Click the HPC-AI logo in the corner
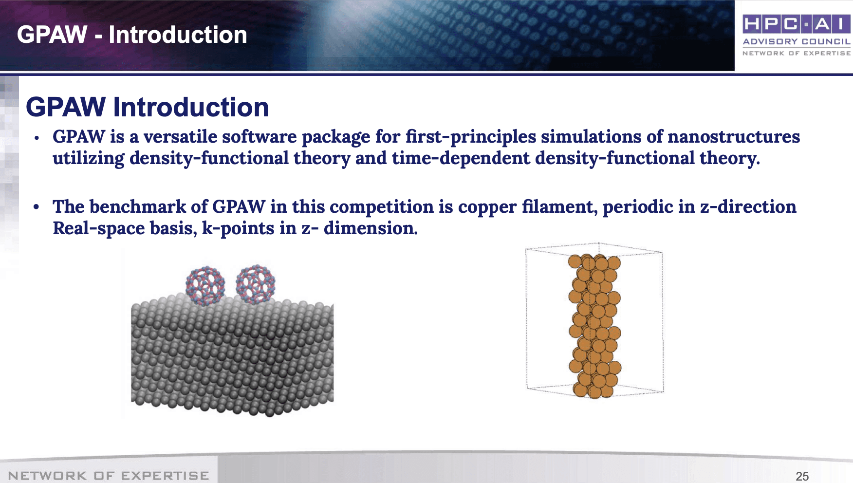[797, 35]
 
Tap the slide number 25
[802, 476]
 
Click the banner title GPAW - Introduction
[132, 35]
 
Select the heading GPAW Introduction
[147, 107]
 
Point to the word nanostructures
[733, 137]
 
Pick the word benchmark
[137, 207]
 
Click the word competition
[381, 207]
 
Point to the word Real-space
[99, 228]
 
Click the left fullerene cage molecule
[205, 285]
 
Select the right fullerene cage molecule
[256, 285]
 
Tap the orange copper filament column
[594, 325]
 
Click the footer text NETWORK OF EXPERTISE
[109, 476]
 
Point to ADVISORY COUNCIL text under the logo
[797, 42]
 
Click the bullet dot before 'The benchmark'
[36, 207]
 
